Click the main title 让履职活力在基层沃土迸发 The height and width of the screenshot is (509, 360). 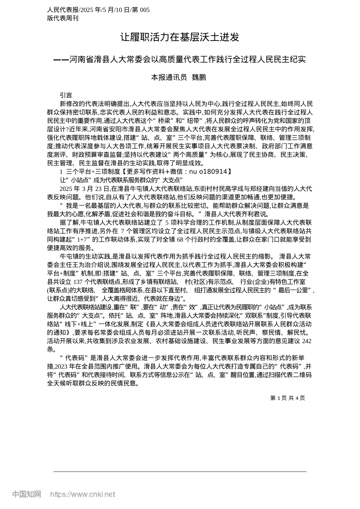[x=180, y=37]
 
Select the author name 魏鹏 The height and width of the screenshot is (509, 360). [x=199, y=77]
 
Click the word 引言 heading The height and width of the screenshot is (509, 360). [x=66, y=95]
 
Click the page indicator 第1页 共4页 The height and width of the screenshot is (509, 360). [x=287, y=398]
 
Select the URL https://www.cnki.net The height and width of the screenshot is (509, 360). [x=83, y=494]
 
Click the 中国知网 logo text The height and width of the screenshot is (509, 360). [x=27, y=494]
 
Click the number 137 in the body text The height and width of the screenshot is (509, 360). [x=78, y=283]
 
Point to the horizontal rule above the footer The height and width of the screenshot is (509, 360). [x=180, y=472]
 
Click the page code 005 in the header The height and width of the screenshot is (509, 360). [x=145, y=10]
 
